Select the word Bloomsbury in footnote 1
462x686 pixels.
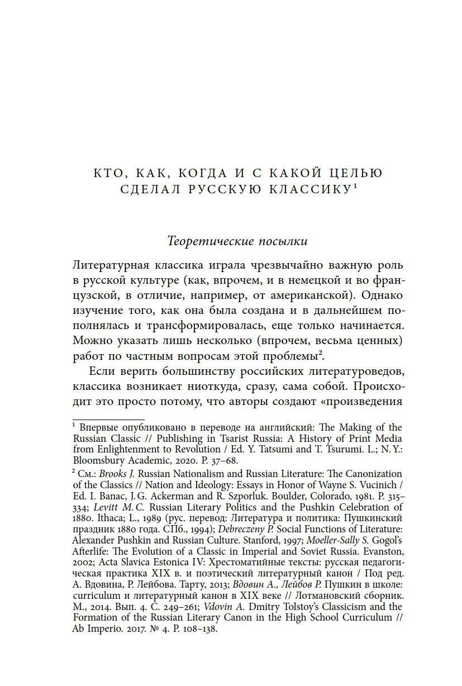click(96, 461)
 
